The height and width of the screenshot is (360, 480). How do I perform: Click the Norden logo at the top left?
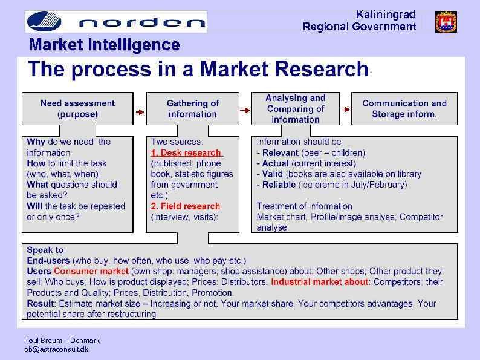(115, 22)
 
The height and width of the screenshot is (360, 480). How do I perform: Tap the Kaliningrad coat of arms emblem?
(446, 22)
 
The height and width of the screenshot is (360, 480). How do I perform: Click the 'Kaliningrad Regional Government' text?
(359, 21)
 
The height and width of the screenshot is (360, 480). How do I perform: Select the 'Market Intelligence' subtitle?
(105, 45)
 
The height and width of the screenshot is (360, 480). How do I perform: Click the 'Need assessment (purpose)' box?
(77, 109)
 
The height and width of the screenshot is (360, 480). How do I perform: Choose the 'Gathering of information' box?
(192, 109)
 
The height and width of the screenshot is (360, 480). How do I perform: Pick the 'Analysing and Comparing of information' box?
(295, 109)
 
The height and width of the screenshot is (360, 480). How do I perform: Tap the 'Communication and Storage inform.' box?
(404, 109)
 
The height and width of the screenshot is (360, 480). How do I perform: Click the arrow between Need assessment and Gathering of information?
(140, 112)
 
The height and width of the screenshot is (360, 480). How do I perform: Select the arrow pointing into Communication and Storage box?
(346, 110)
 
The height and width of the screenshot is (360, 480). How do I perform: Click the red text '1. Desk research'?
(186, 153)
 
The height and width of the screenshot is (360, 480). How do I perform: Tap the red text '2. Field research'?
(185, 206)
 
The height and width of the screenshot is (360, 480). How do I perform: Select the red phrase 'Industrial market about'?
(320, 282)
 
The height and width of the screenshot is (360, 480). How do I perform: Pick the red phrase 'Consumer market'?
(91, 272)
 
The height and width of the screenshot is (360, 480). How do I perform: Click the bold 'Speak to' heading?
(45, 250)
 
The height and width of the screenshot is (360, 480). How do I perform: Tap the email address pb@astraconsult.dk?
(56, 350)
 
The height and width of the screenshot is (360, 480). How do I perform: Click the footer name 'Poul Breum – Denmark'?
(62, 341)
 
